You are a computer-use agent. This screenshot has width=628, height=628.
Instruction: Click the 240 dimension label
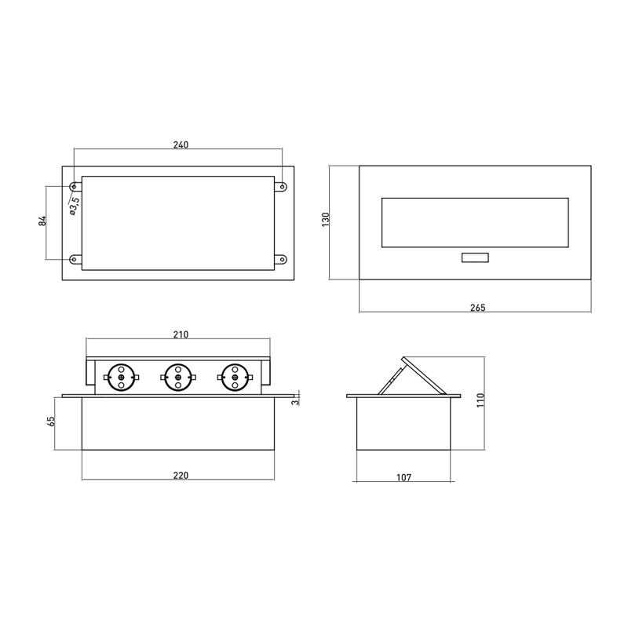pos(181,144)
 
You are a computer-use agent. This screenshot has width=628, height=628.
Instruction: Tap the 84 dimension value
pos(42,221)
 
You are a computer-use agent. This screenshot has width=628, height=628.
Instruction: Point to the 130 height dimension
pos(326,220)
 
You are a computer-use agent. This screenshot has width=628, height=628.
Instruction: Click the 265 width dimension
pos(478,308)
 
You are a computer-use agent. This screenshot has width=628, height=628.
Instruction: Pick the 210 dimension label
pos(181,334)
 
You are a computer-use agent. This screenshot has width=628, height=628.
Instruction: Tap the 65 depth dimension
pos(51,422)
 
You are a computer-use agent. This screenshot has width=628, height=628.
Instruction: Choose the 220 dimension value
pos(181,476)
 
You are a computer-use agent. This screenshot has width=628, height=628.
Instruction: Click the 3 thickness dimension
pos(295,402)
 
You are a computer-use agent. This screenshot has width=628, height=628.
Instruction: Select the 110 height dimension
pos(480,400)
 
